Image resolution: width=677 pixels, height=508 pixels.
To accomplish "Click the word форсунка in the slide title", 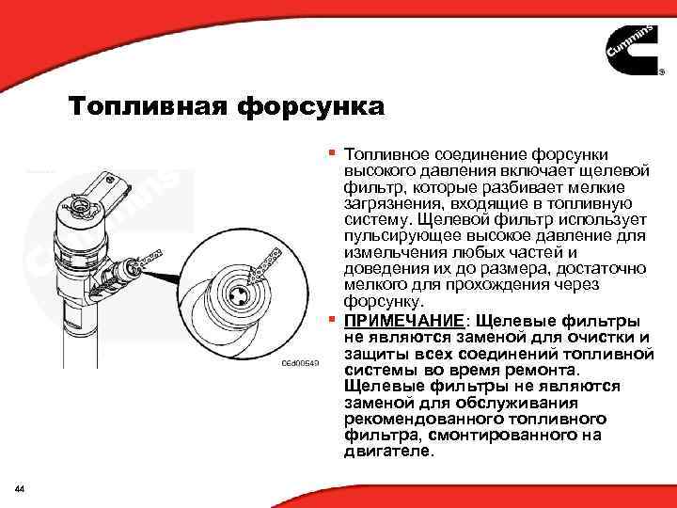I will point(310,107).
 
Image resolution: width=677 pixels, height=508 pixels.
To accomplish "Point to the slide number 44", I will point(20,487).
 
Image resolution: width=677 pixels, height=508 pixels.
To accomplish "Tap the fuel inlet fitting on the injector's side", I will point(125,272).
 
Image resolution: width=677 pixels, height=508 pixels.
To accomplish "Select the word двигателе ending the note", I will point(389,452).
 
